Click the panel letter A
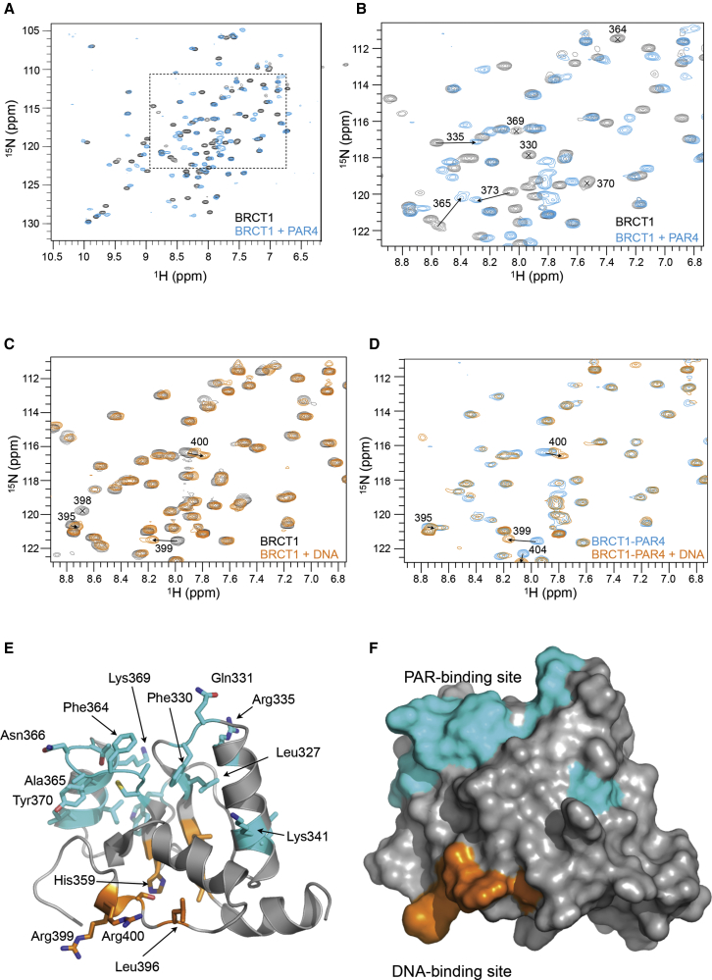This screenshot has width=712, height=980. [x=8, y=8]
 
